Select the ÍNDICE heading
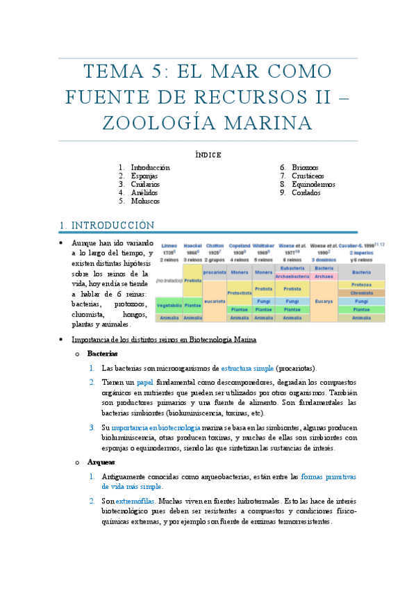click(x=208, y=154)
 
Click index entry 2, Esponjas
click(x=144, y=176)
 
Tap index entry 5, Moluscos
click(x=145, y=201)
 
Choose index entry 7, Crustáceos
click(x=308, y=176)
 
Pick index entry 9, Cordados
click(x=306, y=192)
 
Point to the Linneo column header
click(x=169, y=246)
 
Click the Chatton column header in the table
click(x=215, y=246)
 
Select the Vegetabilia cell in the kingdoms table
click(x=169, y=305)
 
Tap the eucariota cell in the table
click(x=215, y=301)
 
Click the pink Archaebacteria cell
click(x=292, y=276)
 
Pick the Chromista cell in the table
click(x=361, y=293)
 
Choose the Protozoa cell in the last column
click(x=361, y=285)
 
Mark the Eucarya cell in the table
click(x=324, y=301)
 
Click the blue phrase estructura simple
click(x=247, y=368)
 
